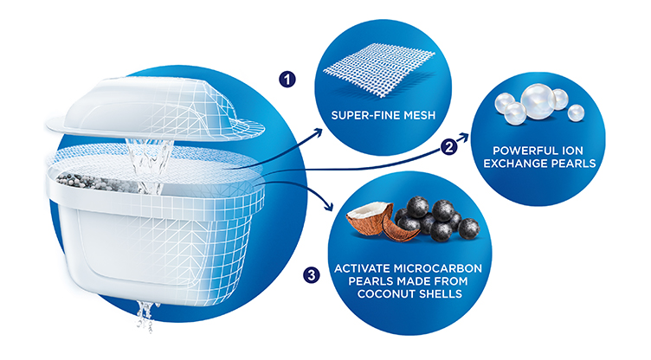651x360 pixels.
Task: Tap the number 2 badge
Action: [x=448, y=148]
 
